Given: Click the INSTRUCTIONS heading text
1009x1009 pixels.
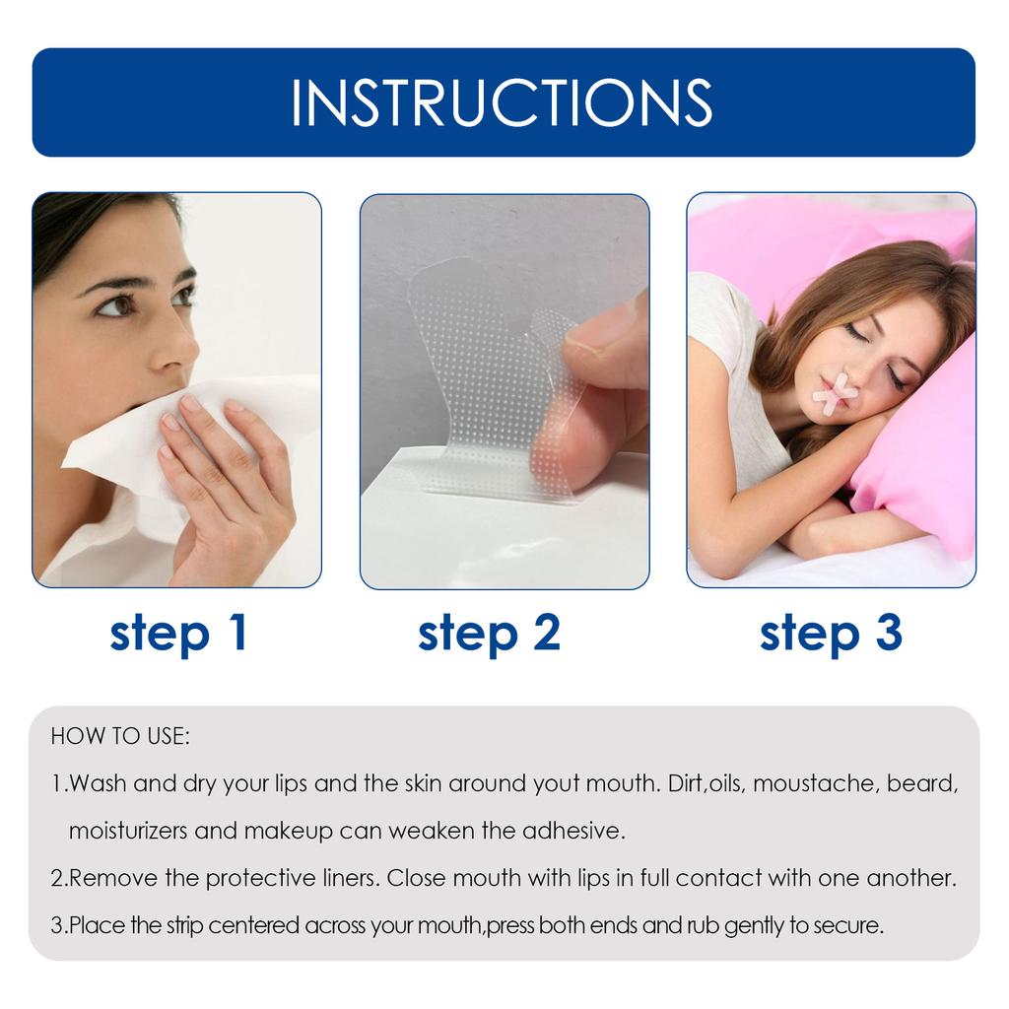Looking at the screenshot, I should [503, 101].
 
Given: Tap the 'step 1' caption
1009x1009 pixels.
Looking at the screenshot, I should [178, 633].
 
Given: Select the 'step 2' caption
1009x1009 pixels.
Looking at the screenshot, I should [489, 633].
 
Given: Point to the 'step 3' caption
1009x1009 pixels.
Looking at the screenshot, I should [831, 633].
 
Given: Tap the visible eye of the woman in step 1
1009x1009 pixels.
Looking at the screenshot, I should [114, 305].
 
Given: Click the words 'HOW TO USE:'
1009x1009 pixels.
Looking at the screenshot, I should [120, 736].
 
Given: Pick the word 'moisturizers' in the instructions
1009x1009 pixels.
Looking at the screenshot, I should [128, 831].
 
